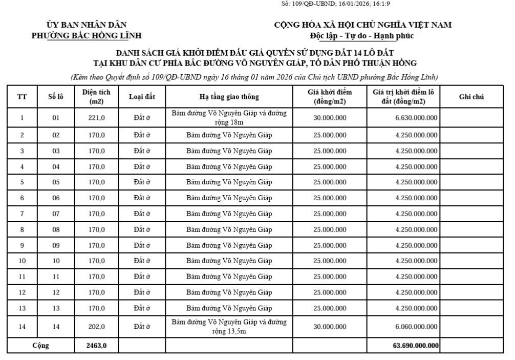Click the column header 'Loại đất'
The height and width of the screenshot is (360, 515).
(142, 96)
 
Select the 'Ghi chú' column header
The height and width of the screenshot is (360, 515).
(471, 96)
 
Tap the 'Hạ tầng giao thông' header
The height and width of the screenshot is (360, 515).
(229, 96)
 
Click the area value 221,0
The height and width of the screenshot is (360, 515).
(96, 118)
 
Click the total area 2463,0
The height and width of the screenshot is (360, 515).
(96, 345)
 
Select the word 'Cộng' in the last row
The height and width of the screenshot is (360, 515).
(40, 345)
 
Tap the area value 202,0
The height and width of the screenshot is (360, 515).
(96, 327)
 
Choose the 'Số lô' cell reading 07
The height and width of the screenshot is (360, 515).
(56, 214)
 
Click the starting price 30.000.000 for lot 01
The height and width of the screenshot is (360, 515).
(330, 118)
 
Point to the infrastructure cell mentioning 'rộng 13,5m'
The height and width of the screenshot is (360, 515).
(229, 327)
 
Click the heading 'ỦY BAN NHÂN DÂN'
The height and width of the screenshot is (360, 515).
(87, 25)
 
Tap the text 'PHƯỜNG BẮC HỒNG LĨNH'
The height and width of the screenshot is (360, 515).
(87, 35)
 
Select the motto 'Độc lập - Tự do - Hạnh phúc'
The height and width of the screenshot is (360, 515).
(362, 35)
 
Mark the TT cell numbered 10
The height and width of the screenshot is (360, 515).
(22, 261)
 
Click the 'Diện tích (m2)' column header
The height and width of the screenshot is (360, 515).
(96, 96)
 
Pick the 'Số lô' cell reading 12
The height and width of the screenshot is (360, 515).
(56, 292)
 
